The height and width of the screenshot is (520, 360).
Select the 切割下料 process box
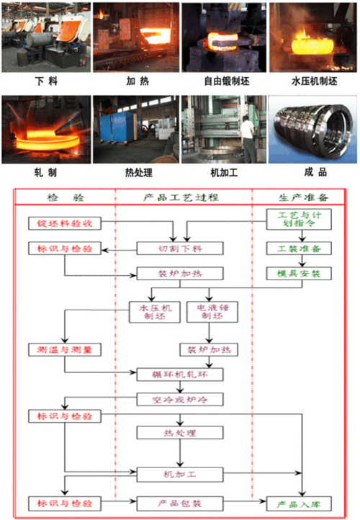(180, 248)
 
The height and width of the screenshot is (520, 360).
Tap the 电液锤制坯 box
(210, 310)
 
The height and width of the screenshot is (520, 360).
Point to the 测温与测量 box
(64, 349)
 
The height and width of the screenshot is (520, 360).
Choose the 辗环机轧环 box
(180, 374)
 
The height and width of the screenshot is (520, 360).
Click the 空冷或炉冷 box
(180, 399)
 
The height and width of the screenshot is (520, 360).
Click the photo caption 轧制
(45, 173)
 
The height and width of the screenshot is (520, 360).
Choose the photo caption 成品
(315, 173)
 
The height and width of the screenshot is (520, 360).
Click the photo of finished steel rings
(312, 130)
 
